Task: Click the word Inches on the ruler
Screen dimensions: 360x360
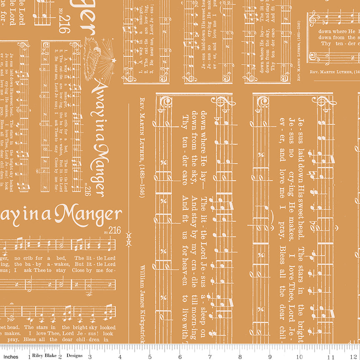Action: pyautogui.click(x=11, y=357)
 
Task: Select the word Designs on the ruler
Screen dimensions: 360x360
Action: pyautogui.click(x=75, y=357)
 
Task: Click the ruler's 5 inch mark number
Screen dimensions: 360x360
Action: pyautogui.click(x=149, y=357)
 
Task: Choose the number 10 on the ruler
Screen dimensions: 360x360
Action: pyautogui.click(x=300, y=357)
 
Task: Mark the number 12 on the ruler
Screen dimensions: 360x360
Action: pyautogui.click(x=355, y=357)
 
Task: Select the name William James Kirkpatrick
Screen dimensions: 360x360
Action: pyautogui.click(x=142, y=302)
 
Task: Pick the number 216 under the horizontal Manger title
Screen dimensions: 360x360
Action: pyautogui.click(x=115, y=230)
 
